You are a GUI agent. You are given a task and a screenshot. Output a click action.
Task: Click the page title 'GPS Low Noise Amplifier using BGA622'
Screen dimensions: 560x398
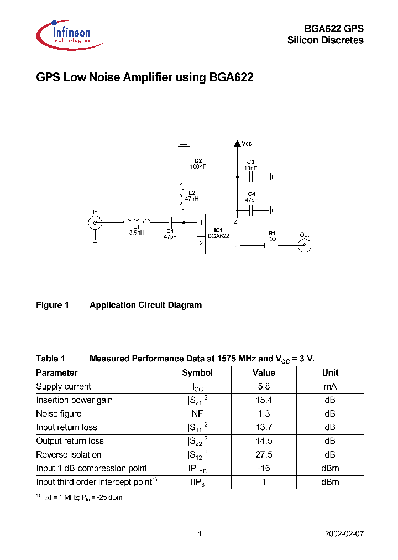pyautogui.click(x=144, y=78)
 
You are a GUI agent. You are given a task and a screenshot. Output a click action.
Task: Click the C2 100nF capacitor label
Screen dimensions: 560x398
pyautogui.click(x=197, y=164)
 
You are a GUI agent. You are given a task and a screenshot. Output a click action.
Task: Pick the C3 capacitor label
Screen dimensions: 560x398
pyautogui.click(x=251, y=164)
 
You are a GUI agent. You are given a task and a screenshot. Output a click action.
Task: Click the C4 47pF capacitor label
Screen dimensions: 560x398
pyautogui.click(x=252, y=196)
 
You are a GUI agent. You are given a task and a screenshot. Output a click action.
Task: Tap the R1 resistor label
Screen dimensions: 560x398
pyautogui.click(x=272, y=236)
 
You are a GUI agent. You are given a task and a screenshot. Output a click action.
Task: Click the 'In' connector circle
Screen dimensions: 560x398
pyautogui.click(x=95, y=222)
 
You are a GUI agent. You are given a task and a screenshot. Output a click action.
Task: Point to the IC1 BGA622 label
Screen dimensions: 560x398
pyautogui.click(x=218, y=233)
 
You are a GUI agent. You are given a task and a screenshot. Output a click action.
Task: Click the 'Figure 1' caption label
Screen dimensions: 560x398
pyautogui.click(x=52, y=305)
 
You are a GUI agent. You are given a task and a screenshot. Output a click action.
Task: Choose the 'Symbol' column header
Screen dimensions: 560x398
pyautogui.click(x=197, y=373)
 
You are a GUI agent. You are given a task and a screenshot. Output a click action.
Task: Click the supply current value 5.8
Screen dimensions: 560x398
pyautogui.click(x=264, y=387)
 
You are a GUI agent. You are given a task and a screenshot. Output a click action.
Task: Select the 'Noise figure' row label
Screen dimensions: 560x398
pyautogui.click(x=59, y=414)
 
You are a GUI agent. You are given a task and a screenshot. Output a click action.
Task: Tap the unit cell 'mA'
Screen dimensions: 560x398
pyautogui.click(x=330, y=387)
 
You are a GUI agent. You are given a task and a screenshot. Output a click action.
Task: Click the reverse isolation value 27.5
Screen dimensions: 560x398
pyautogui.click(x=264, y=455)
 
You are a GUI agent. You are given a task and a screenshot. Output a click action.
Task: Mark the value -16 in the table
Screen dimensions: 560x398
pyautogui.click(x=264, y=468)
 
